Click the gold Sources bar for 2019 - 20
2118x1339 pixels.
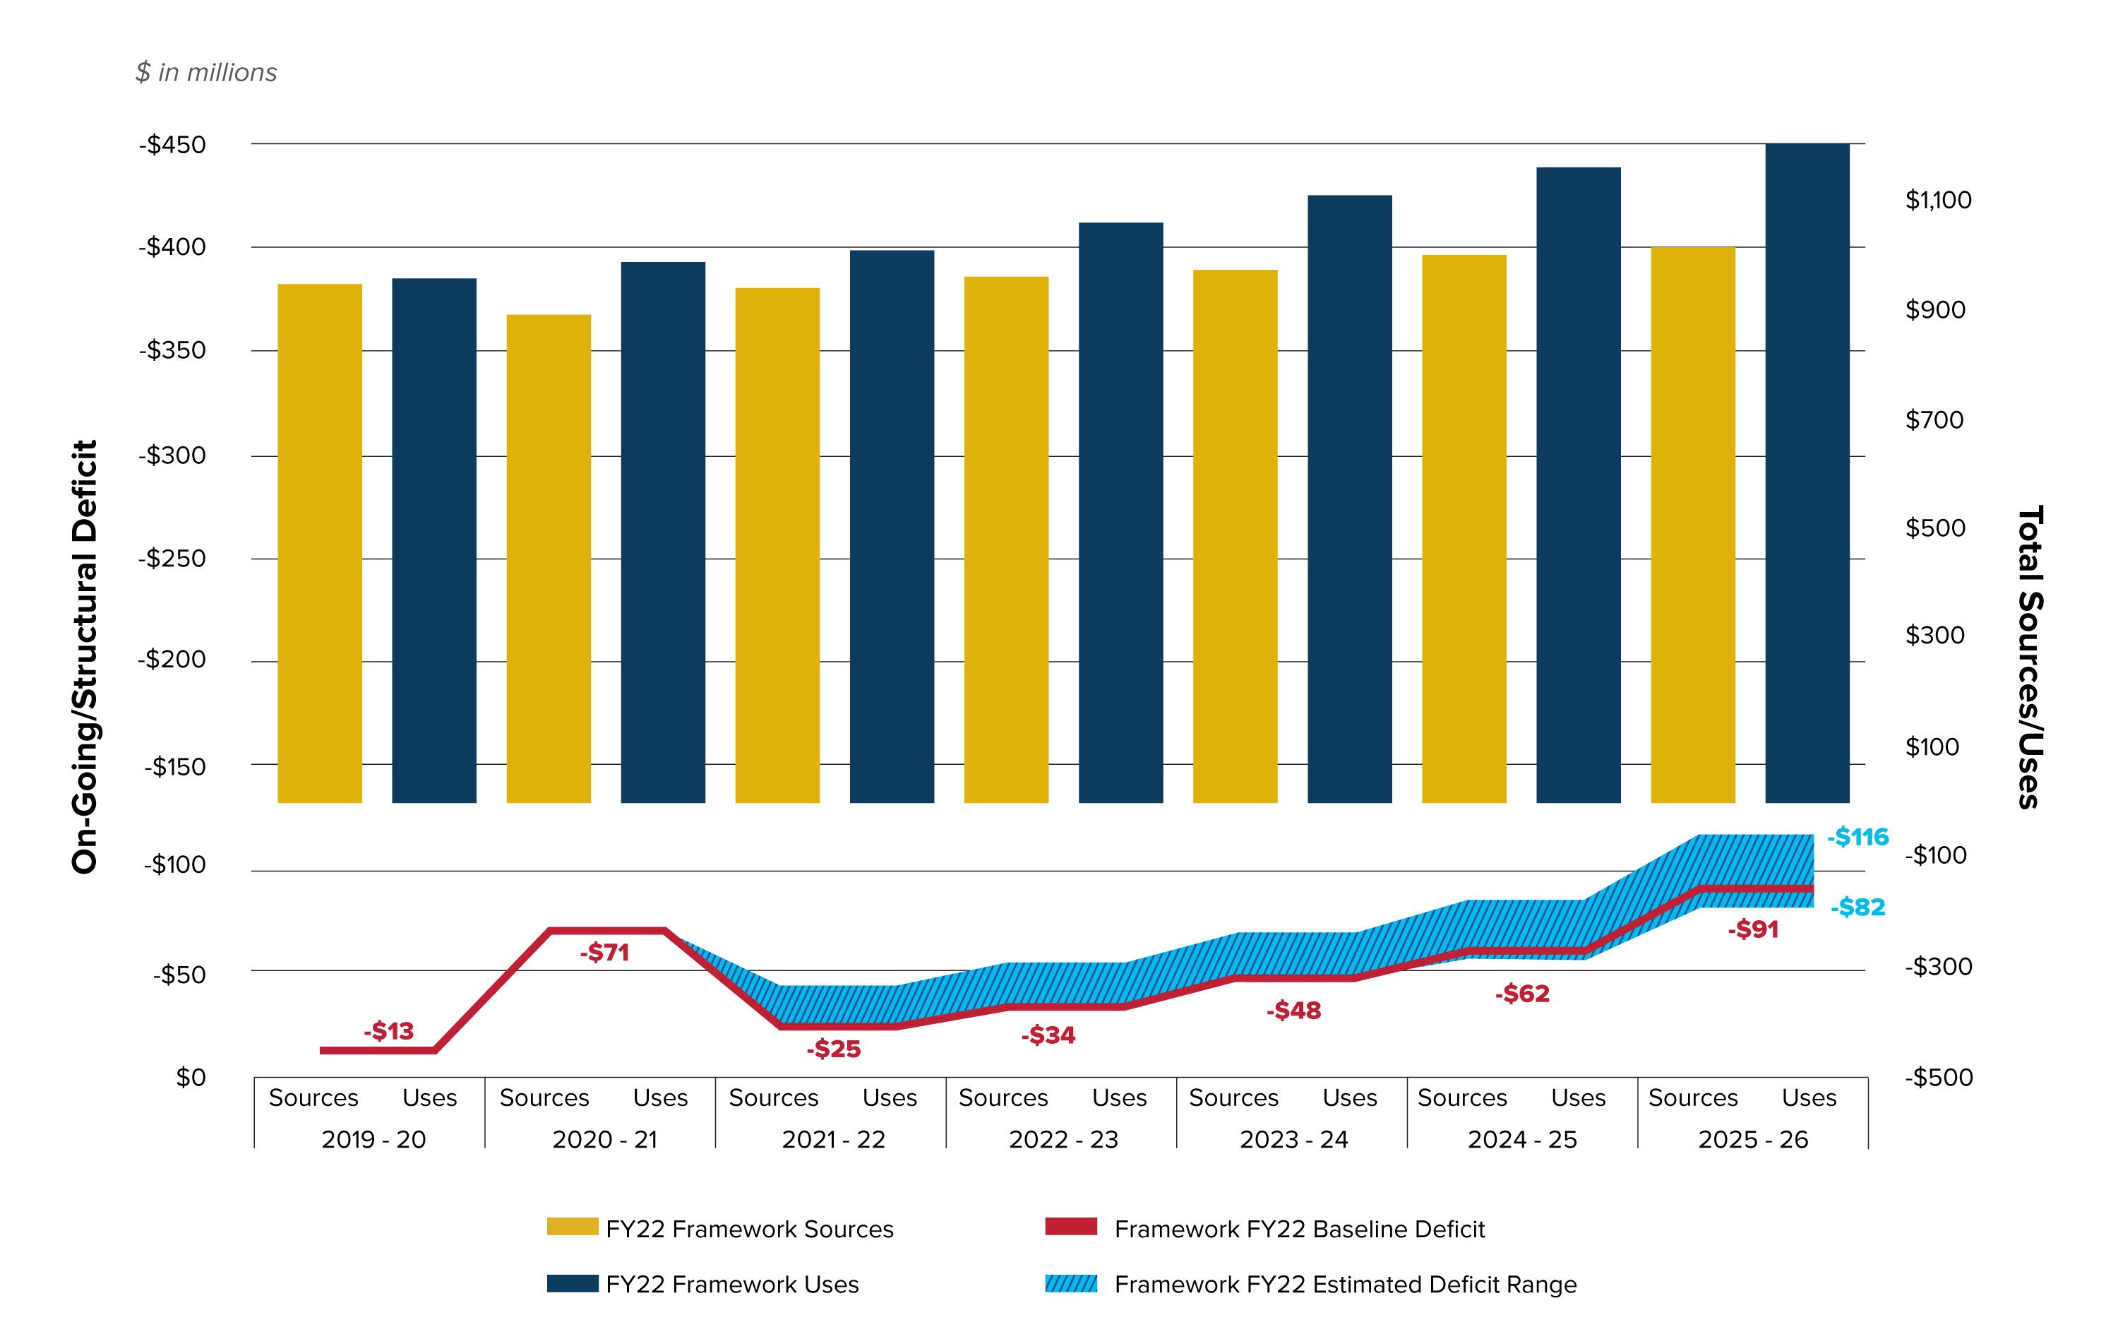[x=319, y=543]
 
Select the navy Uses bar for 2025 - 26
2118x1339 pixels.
[x=1807, y=472]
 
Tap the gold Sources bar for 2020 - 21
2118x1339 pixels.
[x=548, y=558]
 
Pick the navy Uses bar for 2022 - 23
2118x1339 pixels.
[x=1120, y=512]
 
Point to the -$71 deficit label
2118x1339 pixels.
[x=604, y=952]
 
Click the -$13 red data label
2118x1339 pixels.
[x=389, y=1030]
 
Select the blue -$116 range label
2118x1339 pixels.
[x=1857, y=837]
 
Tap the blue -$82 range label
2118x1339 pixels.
[x=1857, y=907]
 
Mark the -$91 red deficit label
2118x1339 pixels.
[x=1753, y=929]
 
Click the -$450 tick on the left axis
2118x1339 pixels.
[x=172, y=144]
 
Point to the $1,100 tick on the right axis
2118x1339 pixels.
[x=1938, y=200]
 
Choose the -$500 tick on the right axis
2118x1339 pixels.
[x=1939, y=1077]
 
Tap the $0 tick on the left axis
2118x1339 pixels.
[x=191, y=1077]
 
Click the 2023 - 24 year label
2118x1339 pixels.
[x=1293, y=1139]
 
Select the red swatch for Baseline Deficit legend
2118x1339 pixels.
[x=1070, y=1227]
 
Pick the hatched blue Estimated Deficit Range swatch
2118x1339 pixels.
[x=1070, y=1284]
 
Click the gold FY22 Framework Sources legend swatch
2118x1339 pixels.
[x=572, y=1227]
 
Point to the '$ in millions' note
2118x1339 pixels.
[x=206, y=72]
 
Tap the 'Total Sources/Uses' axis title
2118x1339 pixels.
[x=2029, y=656]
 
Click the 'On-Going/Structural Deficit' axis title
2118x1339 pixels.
[x=85, y=656]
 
